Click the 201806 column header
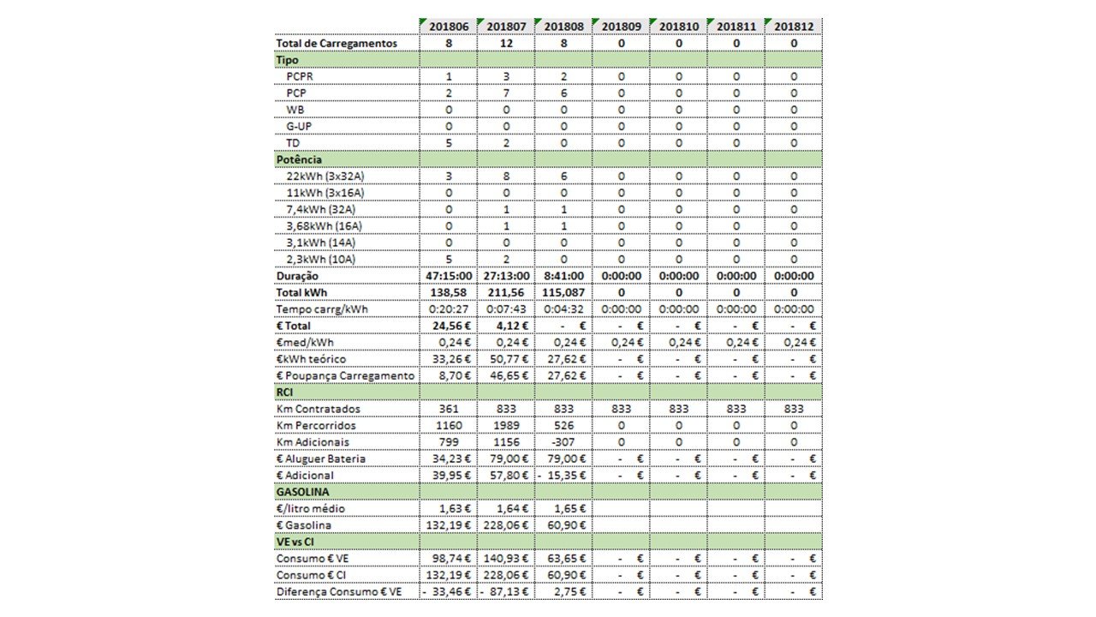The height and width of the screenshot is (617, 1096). click(x=449, y=27)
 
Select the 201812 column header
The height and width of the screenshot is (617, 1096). click(x=794, y=27)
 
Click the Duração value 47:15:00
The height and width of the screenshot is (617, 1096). click(x=449, y=276)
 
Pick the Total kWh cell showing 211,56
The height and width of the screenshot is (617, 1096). click(x=506, y=293)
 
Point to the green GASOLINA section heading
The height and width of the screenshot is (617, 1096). click(x=303, y=492)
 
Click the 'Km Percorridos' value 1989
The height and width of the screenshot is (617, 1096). click(x=506, y=426)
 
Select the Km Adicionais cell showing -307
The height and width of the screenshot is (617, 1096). click(x=563, y=442)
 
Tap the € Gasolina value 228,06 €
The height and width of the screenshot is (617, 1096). click(x=506, y=525)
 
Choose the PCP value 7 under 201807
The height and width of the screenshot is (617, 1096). click(x=506, y=93)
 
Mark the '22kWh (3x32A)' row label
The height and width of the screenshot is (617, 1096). click(x=324, y=177)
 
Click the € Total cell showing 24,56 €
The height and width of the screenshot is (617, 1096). click(x=449, y=326)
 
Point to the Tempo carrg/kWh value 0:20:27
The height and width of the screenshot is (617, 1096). click(x=449, y=309)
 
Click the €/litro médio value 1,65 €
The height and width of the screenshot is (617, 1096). click(x=563, y=509)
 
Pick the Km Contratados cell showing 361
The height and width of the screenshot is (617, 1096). click(x=449, y=409)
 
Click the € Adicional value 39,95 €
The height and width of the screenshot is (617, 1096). click(x=449, y=476)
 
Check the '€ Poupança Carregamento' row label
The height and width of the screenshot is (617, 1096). click(x=345, y=376)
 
